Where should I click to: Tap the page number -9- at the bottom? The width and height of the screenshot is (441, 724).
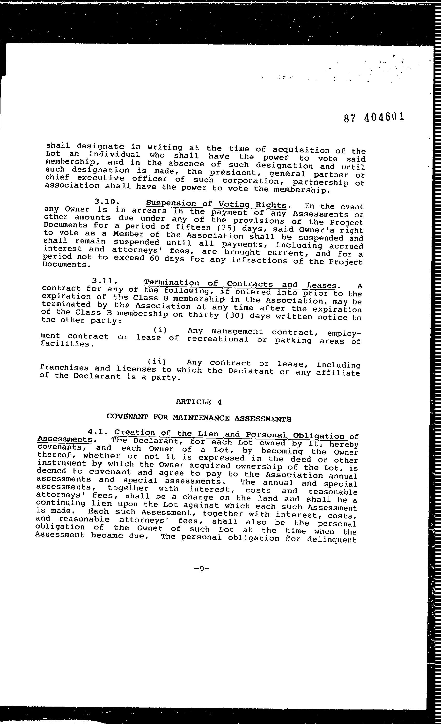[x=201, y=568]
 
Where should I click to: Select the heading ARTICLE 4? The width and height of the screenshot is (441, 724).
[x=199, y=402]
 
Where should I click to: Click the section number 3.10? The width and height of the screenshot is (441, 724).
[x=107, y=202]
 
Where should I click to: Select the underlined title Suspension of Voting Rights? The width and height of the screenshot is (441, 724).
[x=216, y=204]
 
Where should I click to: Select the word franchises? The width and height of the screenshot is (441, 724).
[x=64, y=368]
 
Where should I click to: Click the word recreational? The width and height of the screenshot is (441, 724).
[x=218, y=339]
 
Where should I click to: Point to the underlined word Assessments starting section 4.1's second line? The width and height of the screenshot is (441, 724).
[x=65, y=439]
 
